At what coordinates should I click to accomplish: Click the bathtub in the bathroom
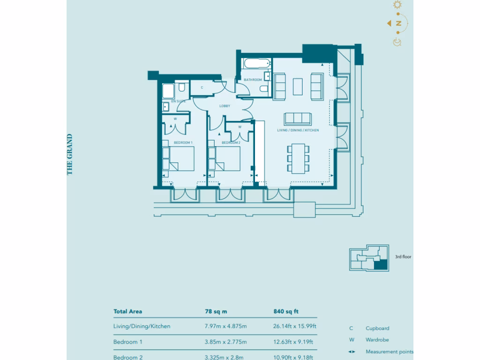(x=256, y=63)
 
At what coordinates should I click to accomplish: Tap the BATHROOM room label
(x=253, y=80)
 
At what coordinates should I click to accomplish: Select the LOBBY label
(x=225, y=106)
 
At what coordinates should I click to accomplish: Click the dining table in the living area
(x=298, y=158)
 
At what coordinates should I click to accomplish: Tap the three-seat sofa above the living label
(x=297, y=118)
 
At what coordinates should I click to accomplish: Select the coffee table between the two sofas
(x=298, y=86)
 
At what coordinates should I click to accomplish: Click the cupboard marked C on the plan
(x=202, y=88)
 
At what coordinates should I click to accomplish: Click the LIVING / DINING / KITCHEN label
(x=298, y=130)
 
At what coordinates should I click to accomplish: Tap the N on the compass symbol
(x=399, y=23)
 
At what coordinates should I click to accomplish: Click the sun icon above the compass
(x=398, y=5)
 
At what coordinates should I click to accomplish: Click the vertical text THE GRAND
(x=70, y=155)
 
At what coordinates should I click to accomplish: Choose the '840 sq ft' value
(x=286, y=311)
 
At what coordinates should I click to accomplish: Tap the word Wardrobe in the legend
(x=377, y=340)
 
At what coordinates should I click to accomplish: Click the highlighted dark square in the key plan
(x=380, y=265)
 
